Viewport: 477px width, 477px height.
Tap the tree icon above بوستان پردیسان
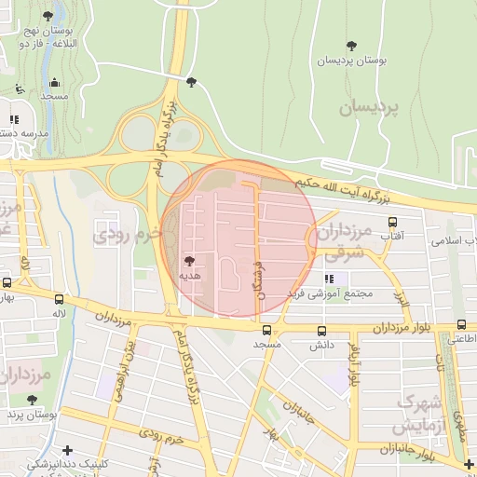coord(351,46)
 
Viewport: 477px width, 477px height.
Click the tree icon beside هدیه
coord(190,261)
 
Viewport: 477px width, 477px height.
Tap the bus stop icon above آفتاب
coord(392,223)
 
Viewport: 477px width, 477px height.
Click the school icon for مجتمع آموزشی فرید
coord(329,279)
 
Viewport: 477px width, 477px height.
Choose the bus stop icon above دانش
coord(321,330)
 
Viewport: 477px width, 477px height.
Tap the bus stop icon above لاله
coord(60,299)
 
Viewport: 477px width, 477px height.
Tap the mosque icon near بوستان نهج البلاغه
coord(54,82)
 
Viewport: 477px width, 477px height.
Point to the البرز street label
coord(402,299)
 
